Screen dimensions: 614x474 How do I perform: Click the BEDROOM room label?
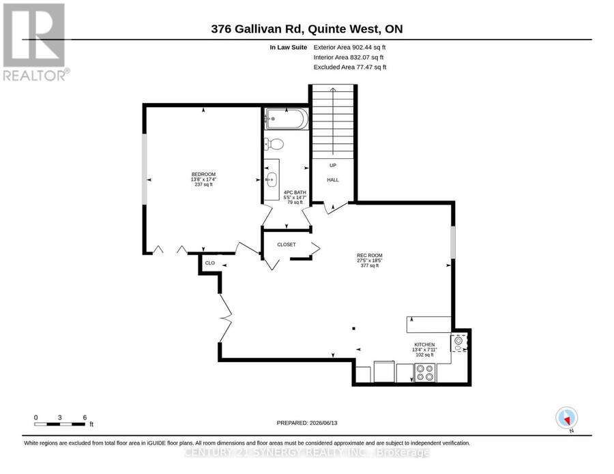[203, 174]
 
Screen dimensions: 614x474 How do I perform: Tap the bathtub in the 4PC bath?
[287, 119]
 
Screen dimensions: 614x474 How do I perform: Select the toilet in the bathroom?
[274, 144]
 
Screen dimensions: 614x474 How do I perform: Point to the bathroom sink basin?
[271, 180]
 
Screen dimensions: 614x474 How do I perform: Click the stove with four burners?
[425, 372]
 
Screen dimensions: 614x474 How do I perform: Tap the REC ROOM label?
[370, 255]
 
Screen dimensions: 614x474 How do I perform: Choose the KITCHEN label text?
[424, 344]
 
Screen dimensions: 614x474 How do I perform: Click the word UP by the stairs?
[333, 165]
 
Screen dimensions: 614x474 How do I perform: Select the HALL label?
[333, 180]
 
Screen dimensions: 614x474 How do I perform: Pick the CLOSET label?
[287, 245]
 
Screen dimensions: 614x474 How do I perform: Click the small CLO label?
[210, 263]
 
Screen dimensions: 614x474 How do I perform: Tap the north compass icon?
[567, 419]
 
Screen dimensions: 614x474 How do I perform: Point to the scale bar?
[59, 424]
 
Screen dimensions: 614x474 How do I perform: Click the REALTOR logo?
[35, 42]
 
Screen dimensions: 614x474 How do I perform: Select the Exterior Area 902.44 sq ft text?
[350, 47]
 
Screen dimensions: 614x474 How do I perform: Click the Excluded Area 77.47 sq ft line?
[350, 68]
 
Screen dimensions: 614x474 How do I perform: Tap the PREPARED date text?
[307, 423]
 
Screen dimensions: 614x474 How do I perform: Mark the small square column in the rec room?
[354, 329]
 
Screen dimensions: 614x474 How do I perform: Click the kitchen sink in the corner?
[459, 343]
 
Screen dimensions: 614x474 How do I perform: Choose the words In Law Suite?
[288, 47]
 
